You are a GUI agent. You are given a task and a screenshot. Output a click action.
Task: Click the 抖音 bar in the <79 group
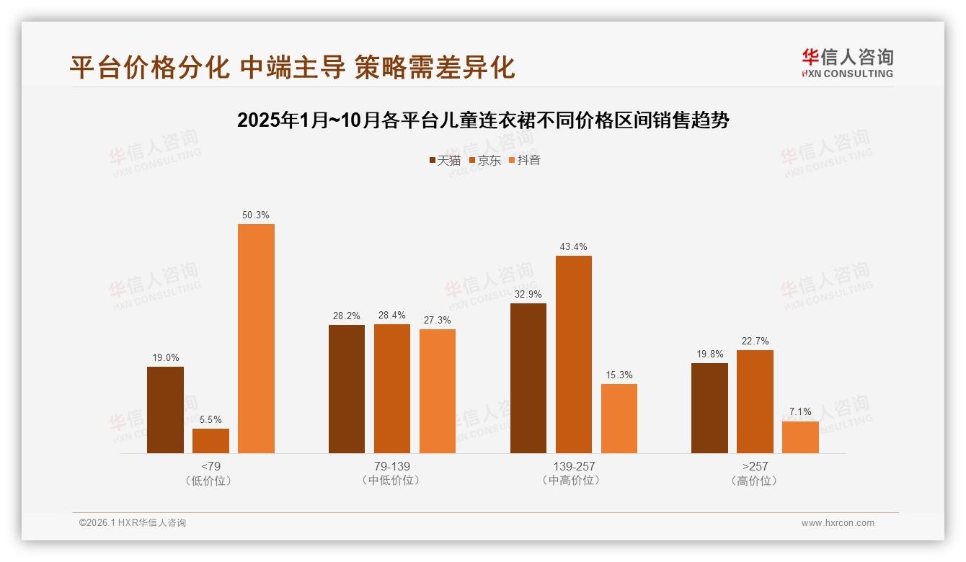point(256,339)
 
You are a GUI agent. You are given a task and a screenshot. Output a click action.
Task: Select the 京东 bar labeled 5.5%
point(211,441)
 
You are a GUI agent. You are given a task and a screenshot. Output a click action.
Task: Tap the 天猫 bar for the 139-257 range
point(528,378)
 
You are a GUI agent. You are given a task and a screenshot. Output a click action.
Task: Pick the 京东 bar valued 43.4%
point(574,354)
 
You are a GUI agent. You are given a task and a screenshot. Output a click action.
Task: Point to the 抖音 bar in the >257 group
point(800,437)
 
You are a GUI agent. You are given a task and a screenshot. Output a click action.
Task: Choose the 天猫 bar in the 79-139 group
point(347,389)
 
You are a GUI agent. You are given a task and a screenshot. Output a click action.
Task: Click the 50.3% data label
point(256,215)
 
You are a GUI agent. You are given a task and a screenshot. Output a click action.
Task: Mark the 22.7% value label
point(755,341)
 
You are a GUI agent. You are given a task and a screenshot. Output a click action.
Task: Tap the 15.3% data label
point(619,375)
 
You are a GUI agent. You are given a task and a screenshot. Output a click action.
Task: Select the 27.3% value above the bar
point(438,320)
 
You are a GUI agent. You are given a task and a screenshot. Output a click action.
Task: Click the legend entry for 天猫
point(444,161)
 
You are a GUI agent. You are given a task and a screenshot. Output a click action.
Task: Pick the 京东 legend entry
point(484,161)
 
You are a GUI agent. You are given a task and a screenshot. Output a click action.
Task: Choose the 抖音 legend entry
point(524,161)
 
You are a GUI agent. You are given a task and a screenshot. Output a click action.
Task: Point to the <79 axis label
point(211,466)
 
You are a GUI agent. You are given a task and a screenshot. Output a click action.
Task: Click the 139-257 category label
point(574,466)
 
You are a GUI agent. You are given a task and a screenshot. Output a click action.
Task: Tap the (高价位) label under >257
point(755,481)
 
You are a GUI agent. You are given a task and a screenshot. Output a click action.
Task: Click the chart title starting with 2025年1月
point(483,120)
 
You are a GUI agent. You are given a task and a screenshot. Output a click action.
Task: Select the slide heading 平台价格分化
point(292,67)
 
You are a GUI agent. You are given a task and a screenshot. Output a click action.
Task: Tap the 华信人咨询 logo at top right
point(847,63)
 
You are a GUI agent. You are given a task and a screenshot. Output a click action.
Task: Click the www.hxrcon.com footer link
point(838,523)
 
